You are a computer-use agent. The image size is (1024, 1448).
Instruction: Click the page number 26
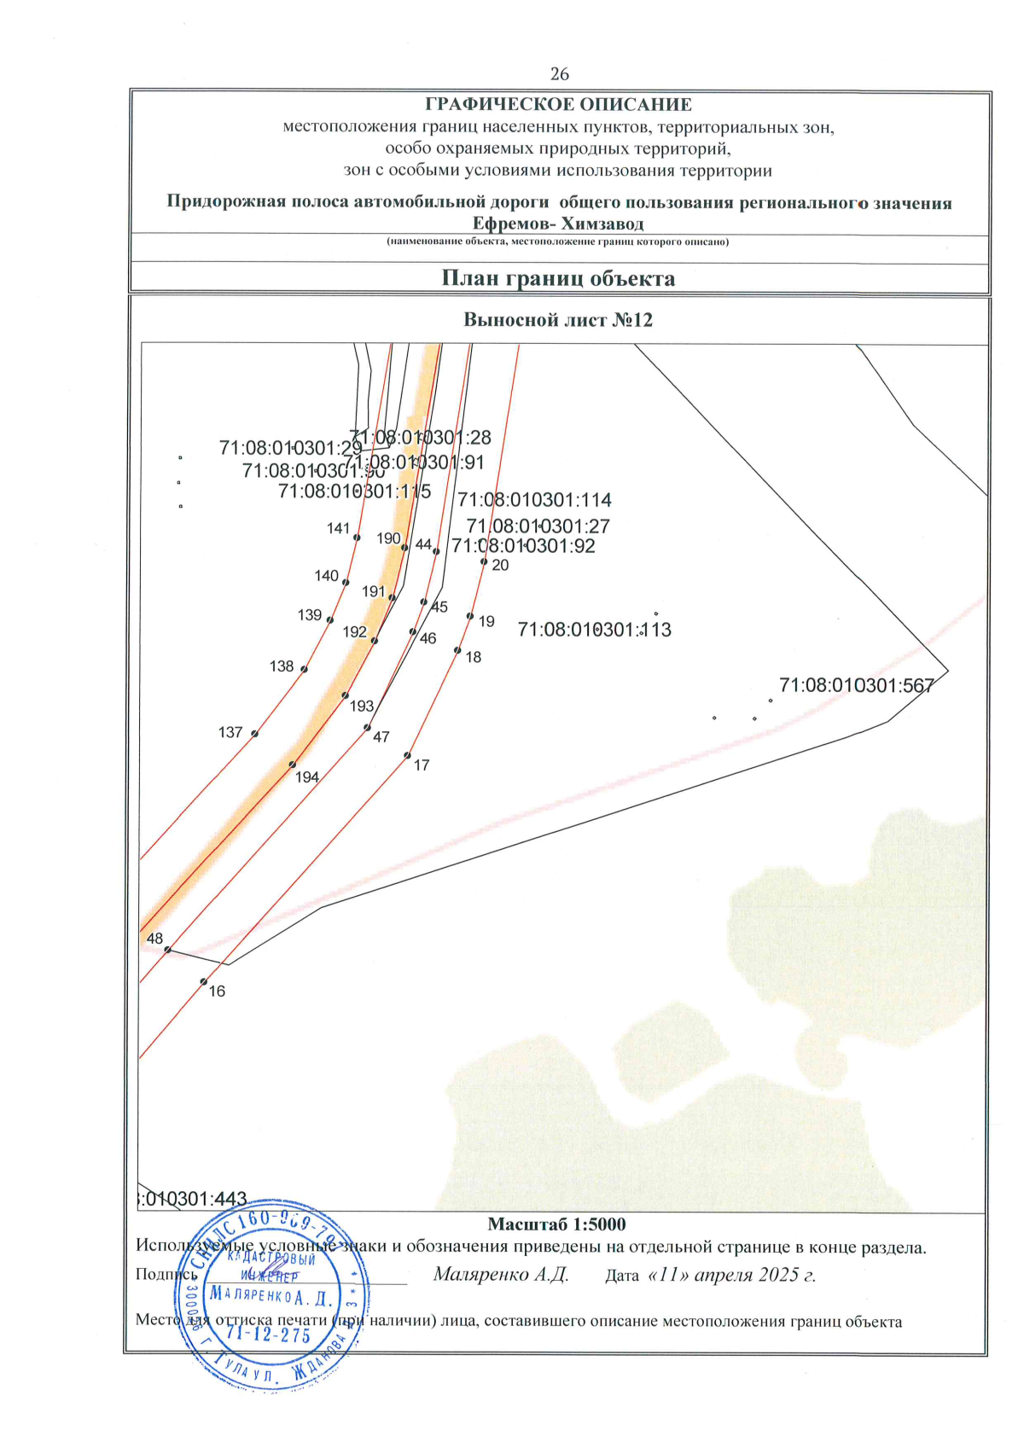click(x=559, y=74)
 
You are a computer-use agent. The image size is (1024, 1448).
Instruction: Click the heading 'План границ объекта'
click(x=558, y=279)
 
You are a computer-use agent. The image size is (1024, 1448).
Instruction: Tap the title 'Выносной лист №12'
click(x=558, y=320)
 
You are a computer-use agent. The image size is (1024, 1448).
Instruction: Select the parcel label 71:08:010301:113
click(x=595, y=630)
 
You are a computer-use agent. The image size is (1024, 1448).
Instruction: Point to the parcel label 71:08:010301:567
click(x=857, y=685)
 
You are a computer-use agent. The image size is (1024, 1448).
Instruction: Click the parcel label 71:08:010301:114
click(x=535, y=500)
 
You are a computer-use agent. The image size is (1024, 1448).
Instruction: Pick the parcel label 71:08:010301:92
click(x=523, y=546)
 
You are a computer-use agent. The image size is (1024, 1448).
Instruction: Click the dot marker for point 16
click(x=204, y=981)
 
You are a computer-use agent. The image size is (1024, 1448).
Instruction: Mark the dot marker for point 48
click(x=168, y=950)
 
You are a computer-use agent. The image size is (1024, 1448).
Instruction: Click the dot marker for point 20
click(x=484, y=561)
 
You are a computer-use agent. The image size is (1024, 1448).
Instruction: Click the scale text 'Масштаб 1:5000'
click(x=556, y=1224)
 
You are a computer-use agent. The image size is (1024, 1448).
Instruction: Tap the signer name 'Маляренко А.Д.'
click(x=501, y=1275)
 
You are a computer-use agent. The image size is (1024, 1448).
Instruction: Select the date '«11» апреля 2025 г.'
click(x=732, y=1275)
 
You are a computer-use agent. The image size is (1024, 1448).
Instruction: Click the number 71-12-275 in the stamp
click(x=269, y=1335)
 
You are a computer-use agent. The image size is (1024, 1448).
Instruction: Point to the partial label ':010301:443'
click(x=193, y=1200)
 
